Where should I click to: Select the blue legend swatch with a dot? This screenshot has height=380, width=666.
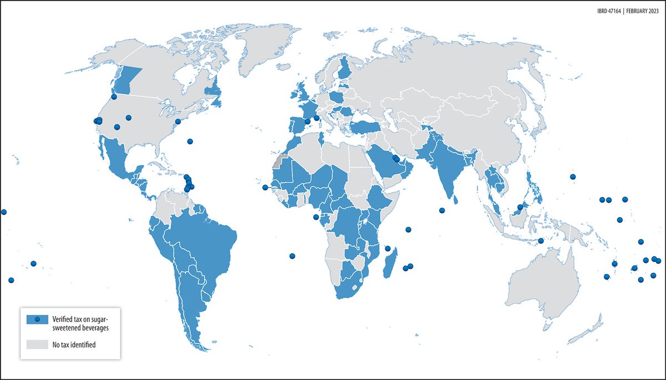[x=37, y=319]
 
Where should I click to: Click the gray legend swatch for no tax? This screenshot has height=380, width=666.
[x=37, y=344]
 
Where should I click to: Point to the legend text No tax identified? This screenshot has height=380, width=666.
[x=74, y=344]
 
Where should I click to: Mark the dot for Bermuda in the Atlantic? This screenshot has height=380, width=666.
[x=190, y=141]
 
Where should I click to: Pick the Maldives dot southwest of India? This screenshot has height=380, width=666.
[x=442, y=210]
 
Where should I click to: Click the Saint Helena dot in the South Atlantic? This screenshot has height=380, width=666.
[x=292, y=256]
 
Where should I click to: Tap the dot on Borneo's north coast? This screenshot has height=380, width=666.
[x=519, y=207]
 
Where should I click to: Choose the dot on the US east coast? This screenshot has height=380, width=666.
[x=178, y=121]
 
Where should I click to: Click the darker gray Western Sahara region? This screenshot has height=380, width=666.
[x=278, y=160]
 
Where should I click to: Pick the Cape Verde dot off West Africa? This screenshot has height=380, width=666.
[x=265, y=187]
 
